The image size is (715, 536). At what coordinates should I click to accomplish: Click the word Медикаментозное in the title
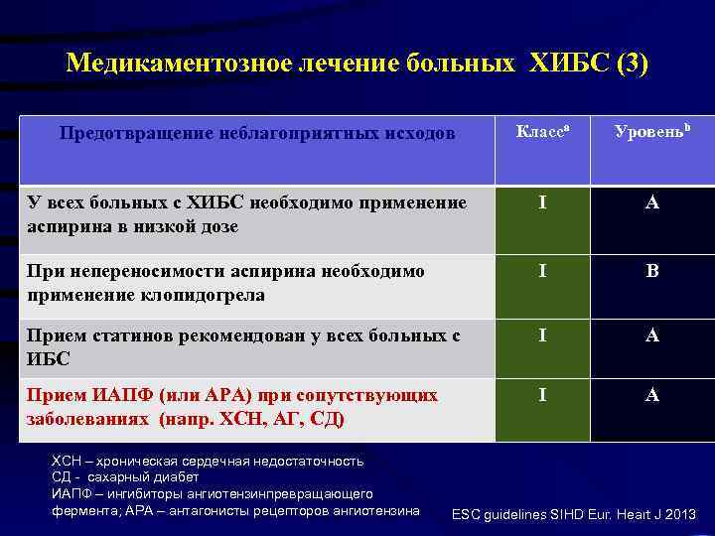point(178,64)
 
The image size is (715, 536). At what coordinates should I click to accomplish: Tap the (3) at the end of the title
point(632,64)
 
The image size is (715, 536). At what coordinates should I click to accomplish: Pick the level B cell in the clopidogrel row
point(652,271)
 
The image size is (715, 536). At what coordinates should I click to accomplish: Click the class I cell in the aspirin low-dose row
point(541,203)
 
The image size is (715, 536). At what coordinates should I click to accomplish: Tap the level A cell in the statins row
point(652,336)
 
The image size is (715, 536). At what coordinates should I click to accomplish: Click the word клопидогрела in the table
point(208,295)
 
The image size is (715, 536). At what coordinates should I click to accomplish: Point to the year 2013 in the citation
point(678,514)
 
